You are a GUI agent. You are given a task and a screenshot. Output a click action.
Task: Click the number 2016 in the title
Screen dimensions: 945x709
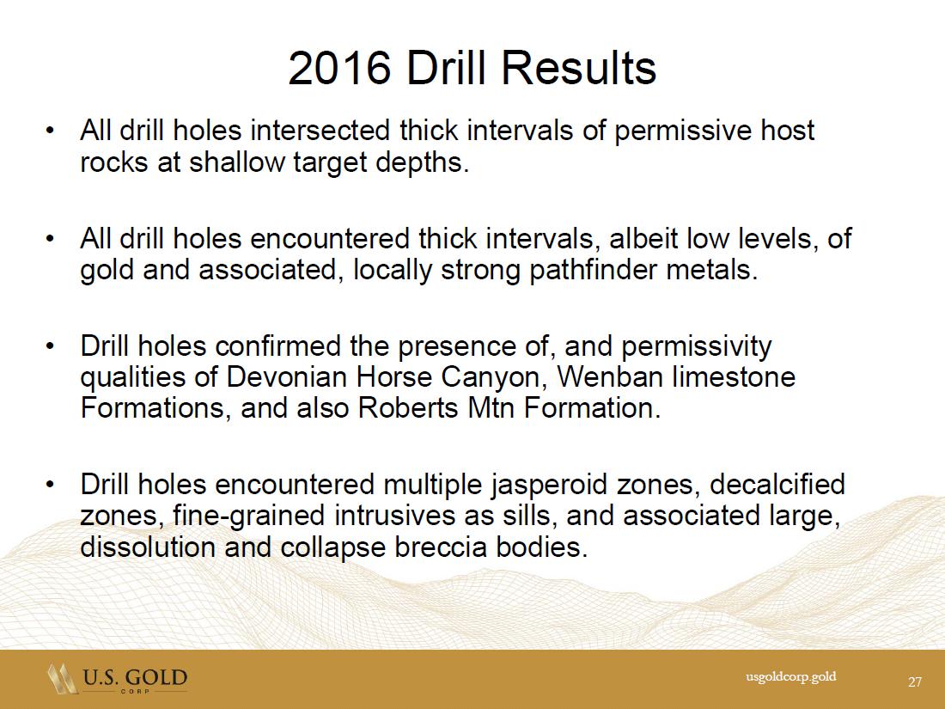pos(340,68)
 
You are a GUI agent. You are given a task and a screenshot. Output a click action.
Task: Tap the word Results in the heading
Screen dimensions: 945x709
pos(578,68)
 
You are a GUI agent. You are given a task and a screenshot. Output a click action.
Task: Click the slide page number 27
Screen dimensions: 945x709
pos(915,681)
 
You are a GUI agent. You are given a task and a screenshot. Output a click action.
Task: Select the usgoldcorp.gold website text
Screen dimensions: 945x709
pos(790,676)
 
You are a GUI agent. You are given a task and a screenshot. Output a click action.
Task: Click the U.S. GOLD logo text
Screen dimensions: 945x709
pos(135,677)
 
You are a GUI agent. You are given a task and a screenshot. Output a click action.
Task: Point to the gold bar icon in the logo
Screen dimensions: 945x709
pos(63,678)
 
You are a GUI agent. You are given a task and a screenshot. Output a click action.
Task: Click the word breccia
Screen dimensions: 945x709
pos(440,547)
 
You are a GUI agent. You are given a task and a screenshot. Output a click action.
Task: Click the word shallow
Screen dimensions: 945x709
pos(236,162)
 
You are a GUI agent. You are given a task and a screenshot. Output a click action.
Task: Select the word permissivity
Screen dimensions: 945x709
pos(696,346)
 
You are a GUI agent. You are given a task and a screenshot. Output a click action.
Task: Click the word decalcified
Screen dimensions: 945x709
pos(777,485)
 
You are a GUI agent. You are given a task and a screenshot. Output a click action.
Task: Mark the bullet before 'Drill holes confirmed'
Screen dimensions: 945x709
pos(51,346)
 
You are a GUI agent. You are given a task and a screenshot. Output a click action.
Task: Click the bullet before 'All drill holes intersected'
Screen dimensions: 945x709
pos(51,131)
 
